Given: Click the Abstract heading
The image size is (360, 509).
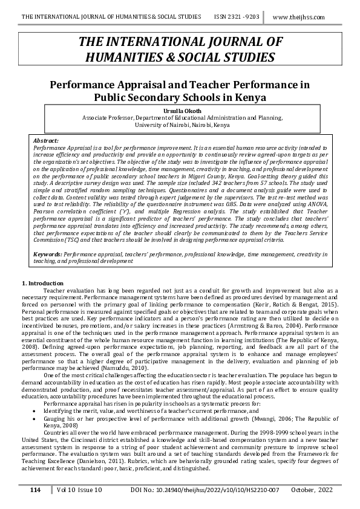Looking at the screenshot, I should (x=46, y=140).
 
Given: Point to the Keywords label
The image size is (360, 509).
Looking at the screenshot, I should (x=47, y=255).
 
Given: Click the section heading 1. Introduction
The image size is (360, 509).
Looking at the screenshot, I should (x=42, y=283).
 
